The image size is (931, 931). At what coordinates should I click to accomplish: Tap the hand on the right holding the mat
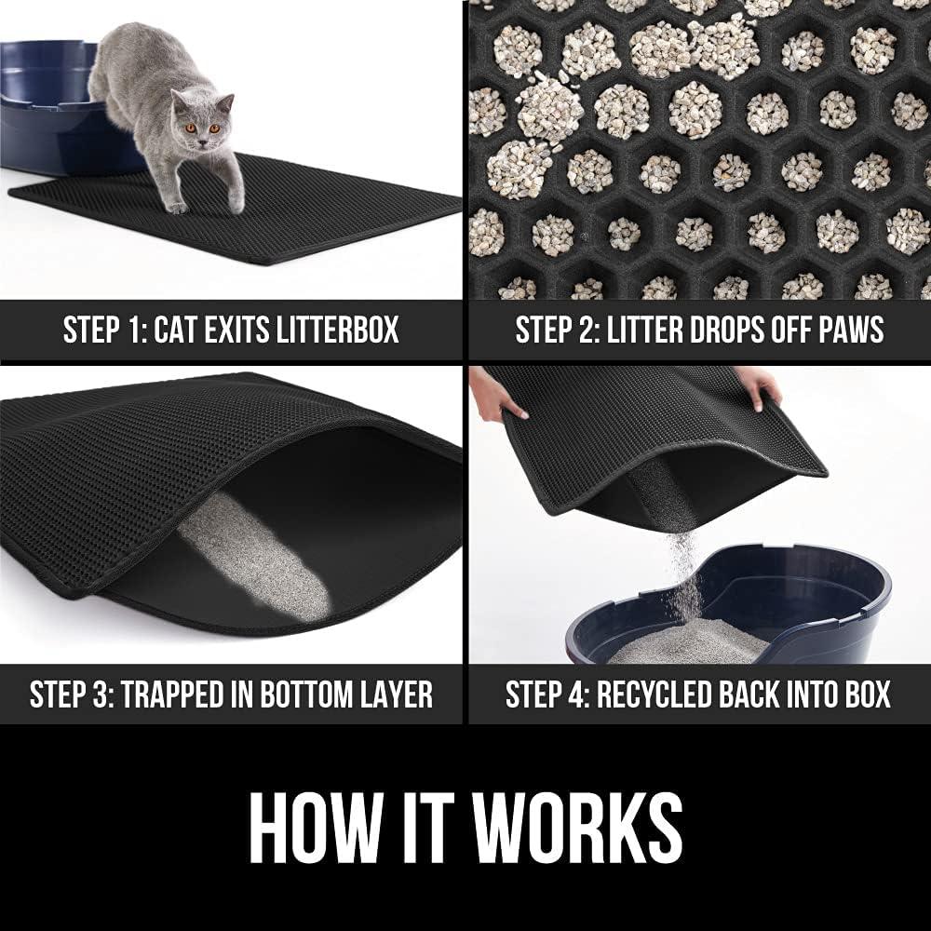(x=758, y=384)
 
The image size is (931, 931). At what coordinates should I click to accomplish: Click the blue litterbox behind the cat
(x=47, y=102)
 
